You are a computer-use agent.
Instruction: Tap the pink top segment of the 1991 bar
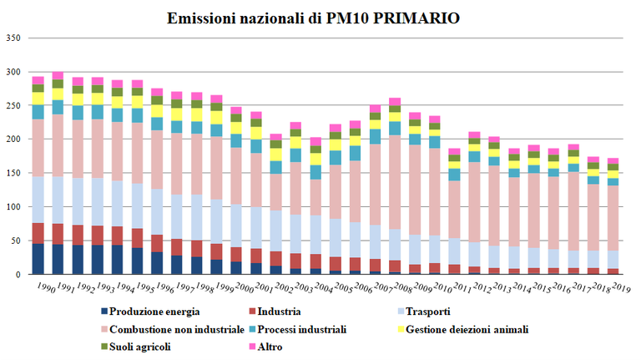[x=58, y=75]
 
